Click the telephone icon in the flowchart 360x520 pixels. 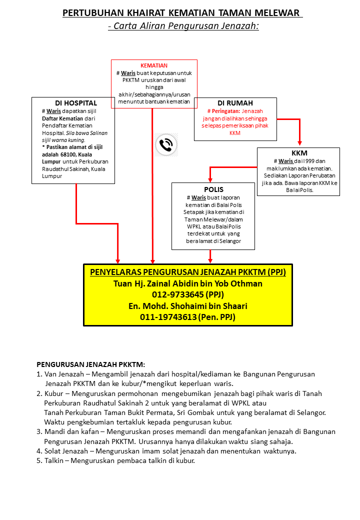[x=165, y=145]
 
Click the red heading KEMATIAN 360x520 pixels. [x=154, y=65]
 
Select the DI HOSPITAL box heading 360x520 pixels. [x=76, y=103]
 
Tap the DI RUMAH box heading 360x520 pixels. [x=235, y=103]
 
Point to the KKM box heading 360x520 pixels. [x=299, y=153]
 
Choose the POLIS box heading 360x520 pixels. [x=213, y=189]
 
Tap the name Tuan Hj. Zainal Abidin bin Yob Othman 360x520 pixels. [x=188, y=283]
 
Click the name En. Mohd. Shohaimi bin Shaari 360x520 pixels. [x=188, y=306]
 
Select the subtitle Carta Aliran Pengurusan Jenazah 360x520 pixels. [x=183, y=26]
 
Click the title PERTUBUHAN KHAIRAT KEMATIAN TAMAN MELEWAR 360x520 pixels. [x=182, y=13]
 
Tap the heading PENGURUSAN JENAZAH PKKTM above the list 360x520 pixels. [x=90, y=365]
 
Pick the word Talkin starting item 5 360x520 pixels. [x=55, y=460]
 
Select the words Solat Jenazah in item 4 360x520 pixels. [x=67, y=451]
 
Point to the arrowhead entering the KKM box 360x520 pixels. [x=299, y=144]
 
